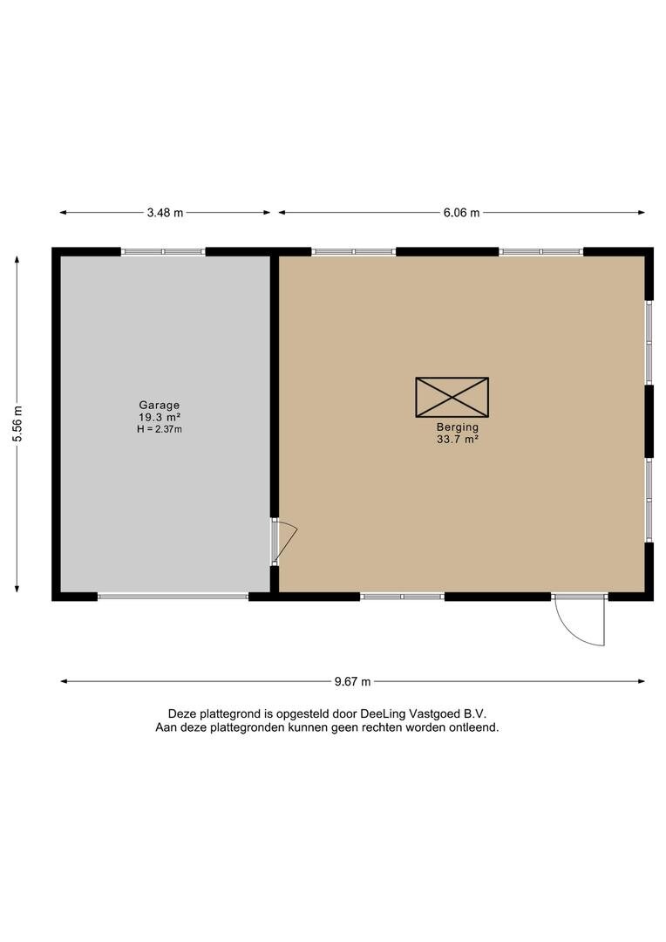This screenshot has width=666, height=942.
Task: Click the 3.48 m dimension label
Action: [x=165, y=213]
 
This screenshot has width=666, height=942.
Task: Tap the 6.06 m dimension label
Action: [x=461, y=213]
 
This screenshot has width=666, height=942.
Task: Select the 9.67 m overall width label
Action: [x=352, y=681]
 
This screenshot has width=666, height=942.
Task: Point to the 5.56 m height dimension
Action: [x=17, y=424]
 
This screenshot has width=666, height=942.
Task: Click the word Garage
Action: [x=160, y=406]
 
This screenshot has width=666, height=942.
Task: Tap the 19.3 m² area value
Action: [x=160, y=418]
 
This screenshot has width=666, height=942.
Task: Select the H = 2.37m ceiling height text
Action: [x=160, y=429]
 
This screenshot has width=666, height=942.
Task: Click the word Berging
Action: [x=458, y=427]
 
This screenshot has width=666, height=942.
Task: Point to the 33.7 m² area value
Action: [x=458, y=439]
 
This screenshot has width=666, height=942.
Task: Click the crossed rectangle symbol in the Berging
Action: [x=452, y=397]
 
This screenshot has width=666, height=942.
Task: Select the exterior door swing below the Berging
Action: [x=580, y=621]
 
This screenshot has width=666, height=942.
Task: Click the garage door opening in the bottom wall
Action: [x=173, y=597]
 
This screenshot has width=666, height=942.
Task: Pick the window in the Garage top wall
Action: [x=163, y=252]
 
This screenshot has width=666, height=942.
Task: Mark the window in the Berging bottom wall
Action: [x=402, y=597]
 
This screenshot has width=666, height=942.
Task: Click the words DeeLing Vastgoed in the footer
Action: [x=410, y=713]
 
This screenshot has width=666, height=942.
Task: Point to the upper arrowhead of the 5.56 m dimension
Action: [x=17, y=260]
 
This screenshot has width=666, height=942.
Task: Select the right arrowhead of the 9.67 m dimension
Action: [x=641, y=681]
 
